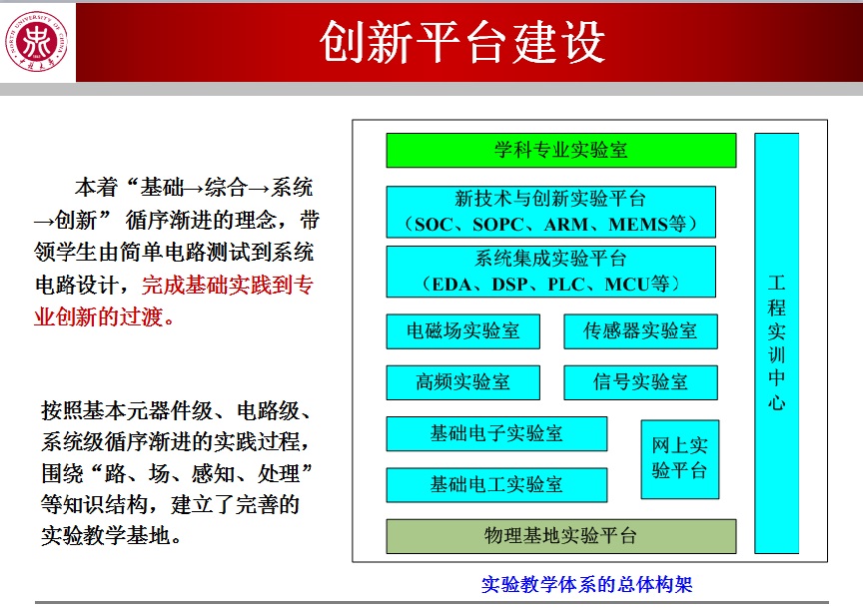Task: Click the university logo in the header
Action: [x=36, y=42]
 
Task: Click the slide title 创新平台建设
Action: [x=462, y=42]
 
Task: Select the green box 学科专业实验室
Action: [x=560, y=150]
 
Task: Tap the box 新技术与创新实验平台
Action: [x=551, y=212]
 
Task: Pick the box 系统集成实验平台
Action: [x=551, y=272]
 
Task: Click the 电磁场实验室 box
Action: [x=462, y=331]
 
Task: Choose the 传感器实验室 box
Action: [x=640, y=331]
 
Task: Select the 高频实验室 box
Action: [x=462, y=382]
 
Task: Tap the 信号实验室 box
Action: [x=640, y=382]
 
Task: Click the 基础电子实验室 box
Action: [x=496, y=433]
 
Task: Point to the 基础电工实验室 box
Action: [x=496, y=484]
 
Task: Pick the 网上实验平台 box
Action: [x=680, y=459]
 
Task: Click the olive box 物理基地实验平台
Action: [x=560, y=536]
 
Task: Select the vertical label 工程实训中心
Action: [x=776, y=342]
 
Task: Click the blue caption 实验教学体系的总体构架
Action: [x=586, y=584]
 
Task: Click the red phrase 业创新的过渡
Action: [x=104, y=316]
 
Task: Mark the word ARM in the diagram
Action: [x=566, y=225]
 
